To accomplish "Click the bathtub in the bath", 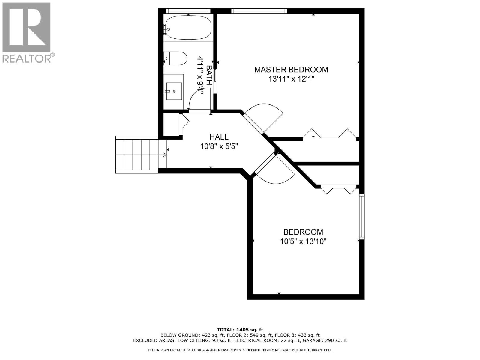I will [188, 28].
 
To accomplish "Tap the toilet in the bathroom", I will [177, 58].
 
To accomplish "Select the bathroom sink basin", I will [174, 91].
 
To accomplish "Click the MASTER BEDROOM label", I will [291, 70].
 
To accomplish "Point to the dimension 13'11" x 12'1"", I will [291, 79].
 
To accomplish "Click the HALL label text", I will [219, 137].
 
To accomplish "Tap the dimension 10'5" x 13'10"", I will [303, 241].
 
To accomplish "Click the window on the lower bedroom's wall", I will [362, 217].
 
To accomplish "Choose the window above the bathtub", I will [188, 11].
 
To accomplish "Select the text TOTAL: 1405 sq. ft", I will [240, 330].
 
